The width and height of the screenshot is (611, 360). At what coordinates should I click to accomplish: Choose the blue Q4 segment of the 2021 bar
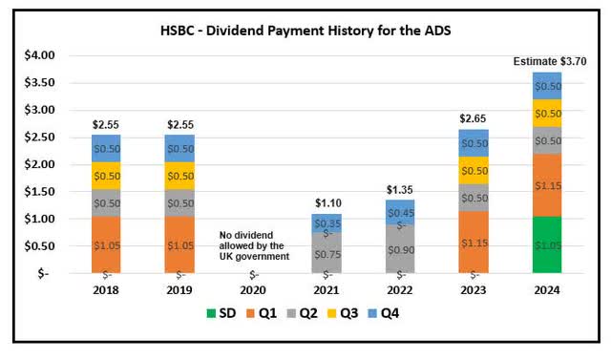326,222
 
